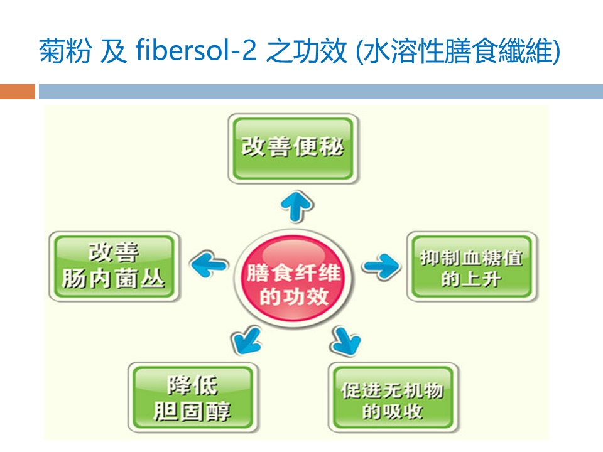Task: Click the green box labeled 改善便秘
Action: [x=293, y=150]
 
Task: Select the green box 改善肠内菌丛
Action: [x=113, y=266]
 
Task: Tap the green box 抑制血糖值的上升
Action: [x=472, y=267]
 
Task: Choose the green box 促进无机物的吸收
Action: [x=393, y=401]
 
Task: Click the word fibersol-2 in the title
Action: [x=195, y=51]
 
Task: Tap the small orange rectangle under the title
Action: [x=18, y=92]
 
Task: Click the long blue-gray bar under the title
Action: [x=320, y=92]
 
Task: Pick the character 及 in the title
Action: [x=115, y=51]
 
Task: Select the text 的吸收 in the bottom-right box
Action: [x=392, y=412]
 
